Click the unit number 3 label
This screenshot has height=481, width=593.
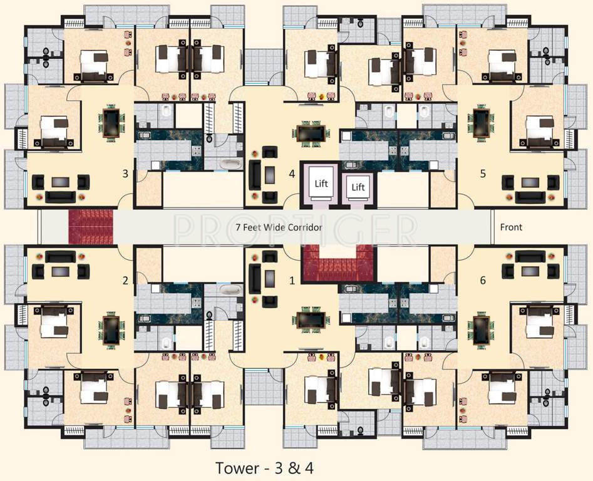[x=125, y=173]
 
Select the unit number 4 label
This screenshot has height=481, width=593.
[x=292, y=173]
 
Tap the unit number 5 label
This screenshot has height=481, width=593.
[x=482, y=173]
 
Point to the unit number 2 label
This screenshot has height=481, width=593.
[x=125, y=281]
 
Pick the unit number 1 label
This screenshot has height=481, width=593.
[x=292, y=281]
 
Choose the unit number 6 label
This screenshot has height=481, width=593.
[x=482, y=281]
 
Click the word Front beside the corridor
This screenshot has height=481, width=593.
[x=511, y=227]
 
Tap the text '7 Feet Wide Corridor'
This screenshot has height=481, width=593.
[x=279, y=227]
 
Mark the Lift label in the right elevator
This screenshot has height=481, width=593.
[x=358, y=187]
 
